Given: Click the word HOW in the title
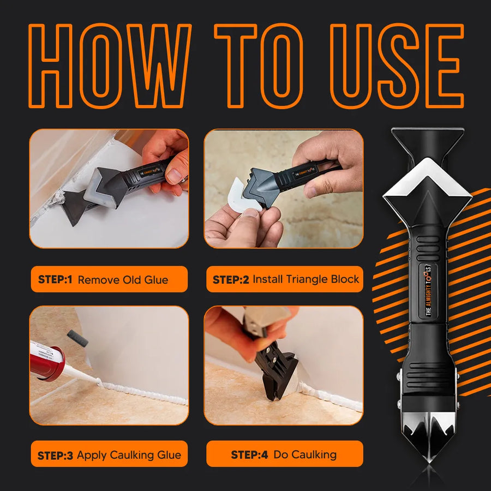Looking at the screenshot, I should tap(109, 65).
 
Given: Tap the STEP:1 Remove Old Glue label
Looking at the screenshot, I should tap(109, 280).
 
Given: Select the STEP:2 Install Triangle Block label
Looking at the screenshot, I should tap(285, 279).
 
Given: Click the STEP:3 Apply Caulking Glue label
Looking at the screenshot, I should tap(109, 454).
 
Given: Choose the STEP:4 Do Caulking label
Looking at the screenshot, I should tap(284, 454).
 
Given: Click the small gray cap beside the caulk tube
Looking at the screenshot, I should tap(77, 338).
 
